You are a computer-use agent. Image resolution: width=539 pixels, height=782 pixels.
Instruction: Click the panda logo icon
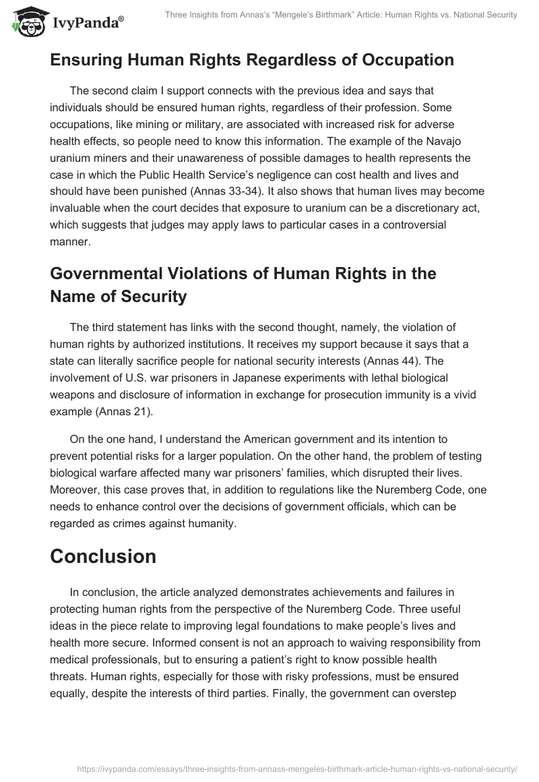tap(26, 20)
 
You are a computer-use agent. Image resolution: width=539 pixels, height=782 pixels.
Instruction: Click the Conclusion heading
tap(103, 557)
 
